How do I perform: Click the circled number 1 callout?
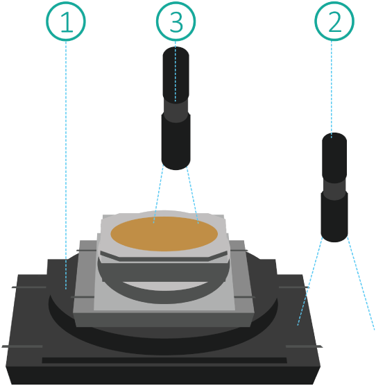[x=66, y=21]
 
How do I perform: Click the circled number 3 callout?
[x=176, y=21]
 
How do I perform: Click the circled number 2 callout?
[x=334, y=21]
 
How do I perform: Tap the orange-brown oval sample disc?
[x=164, y=234]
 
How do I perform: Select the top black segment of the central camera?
[x=176, y=74]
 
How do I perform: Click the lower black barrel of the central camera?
[x=176, y=142]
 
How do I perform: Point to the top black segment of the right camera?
[x=334, y=158]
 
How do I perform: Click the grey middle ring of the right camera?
[x=334, y=189]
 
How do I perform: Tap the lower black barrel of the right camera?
[x=334, y=217]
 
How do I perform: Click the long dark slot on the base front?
[x=164, y=360]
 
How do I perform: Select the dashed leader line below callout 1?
[x=66, y=165]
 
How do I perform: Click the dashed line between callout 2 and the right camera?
[x=332, y=89]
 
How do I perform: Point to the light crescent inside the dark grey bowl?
[x=165, y=285]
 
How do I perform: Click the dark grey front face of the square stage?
[x=164, y=320]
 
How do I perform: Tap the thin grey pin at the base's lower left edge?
[x=22, y=346]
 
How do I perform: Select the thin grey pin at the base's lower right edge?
[x=304, y=346]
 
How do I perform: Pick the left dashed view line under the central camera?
[x=158, y=194]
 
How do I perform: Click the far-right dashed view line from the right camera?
[x=361, y=283]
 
